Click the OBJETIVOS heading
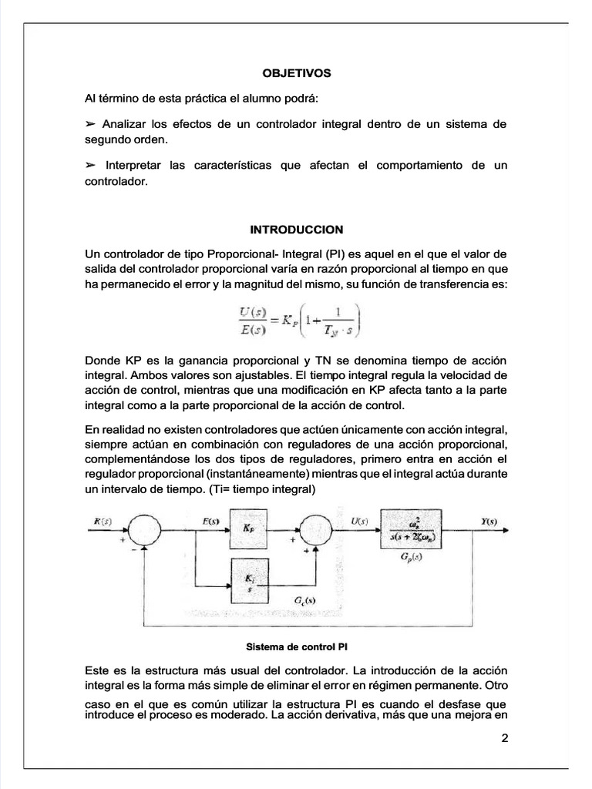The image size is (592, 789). click(x=296, y=73)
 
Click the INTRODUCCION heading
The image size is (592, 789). click(x=296, y=230)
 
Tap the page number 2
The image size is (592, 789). click(x=505, y=737)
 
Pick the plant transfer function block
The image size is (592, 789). click(x=410, y=529)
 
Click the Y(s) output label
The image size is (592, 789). click(x=489, y=521)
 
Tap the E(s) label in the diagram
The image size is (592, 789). click(x=211, y=521)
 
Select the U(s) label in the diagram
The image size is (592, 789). click(x=359, y=521)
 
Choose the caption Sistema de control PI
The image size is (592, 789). click(x=297, y=646)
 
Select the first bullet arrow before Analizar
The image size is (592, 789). click(x=90, y=124)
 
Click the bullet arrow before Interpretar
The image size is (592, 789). click(x=90, y=166)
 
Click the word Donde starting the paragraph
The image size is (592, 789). click(x=102, y=361)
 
